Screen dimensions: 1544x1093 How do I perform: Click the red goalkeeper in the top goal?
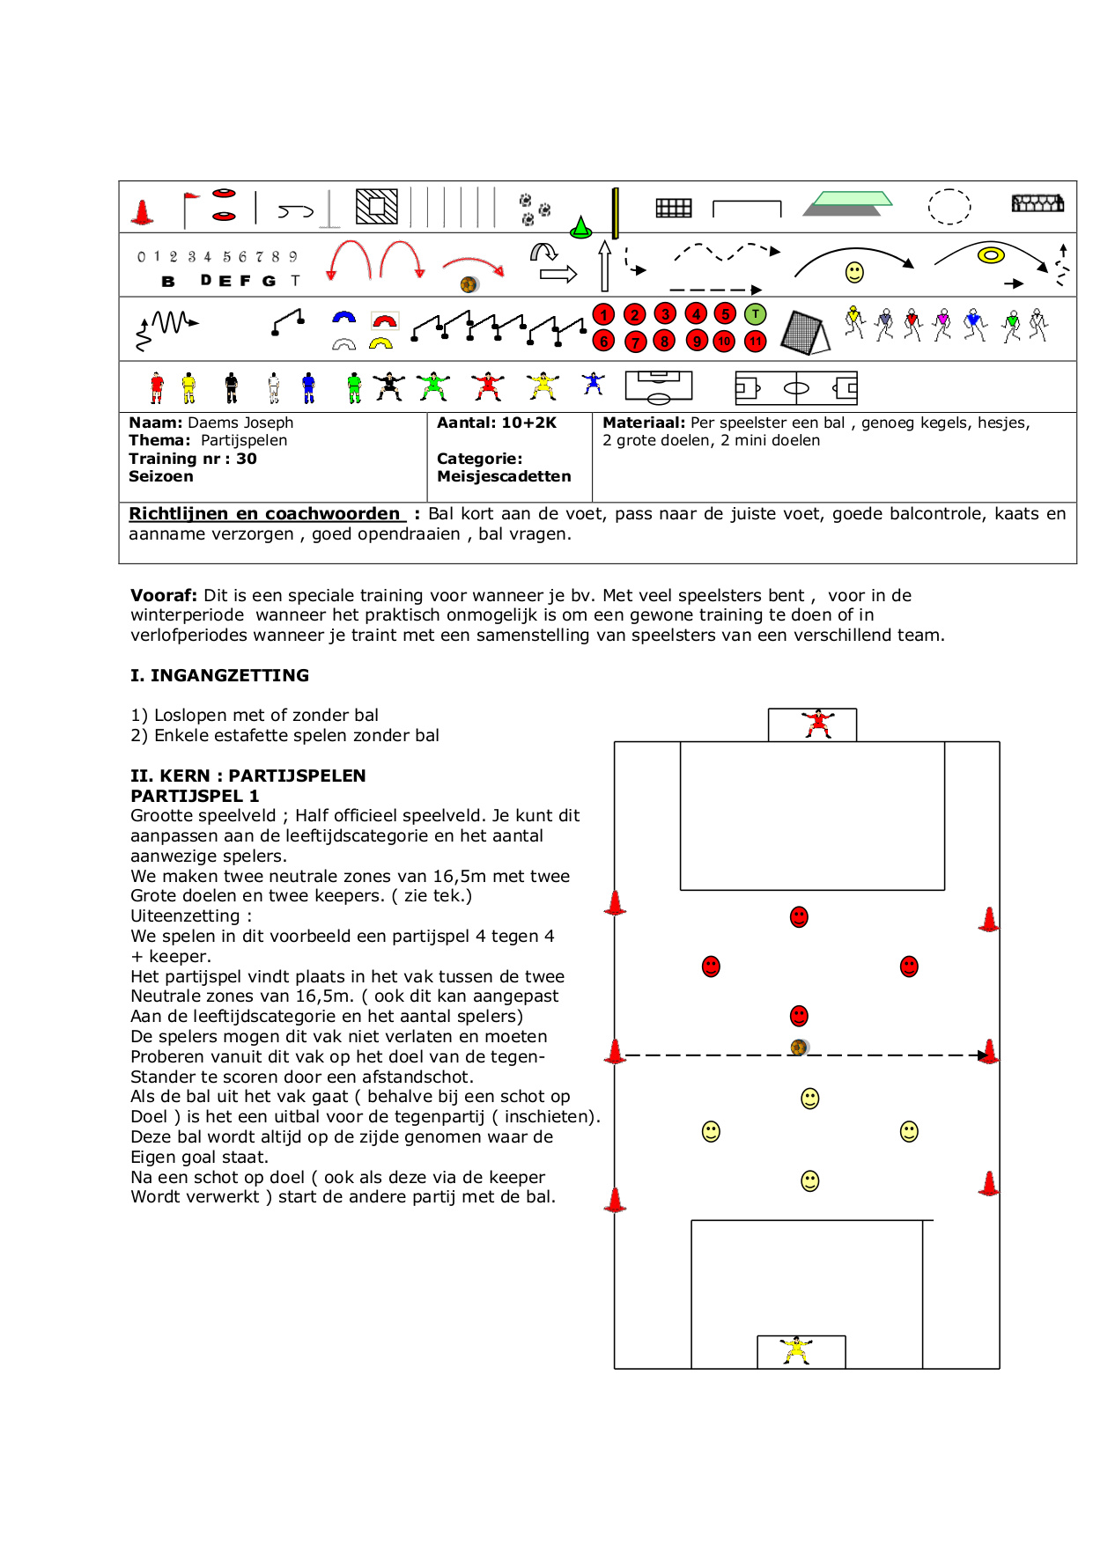(x=818, y=724)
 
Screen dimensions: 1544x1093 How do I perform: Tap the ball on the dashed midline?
(x=799, y=1047)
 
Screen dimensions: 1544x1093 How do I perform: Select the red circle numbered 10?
(x=724, y=342)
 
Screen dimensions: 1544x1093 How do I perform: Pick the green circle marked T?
(x=755, y=314)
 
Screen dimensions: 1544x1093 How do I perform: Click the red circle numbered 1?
(x=604, y=314)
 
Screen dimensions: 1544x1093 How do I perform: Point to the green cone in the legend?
(x=580, y=228)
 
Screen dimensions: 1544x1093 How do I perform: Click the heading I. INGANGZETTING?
(x=219, y=675)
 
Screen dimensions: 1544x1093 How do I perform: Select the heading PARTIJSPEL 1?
(x=195, y=796)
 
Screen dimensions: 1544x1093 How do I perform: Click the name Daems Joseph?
(x=240, y=423)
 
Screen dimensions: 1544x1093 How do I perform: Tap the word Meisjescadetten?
(x=504, y=476)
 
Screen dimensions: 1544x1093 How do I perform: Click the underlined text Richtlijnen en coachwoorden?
(x=265, y=513)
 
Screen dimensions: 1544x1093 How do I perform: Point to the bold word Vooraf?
(x=163, y=595)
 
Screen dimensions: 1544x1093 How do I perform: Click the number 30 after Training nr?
(x=247, y=459)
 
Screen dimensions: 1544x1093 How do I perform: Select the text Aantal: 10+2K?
(x=497, y=423)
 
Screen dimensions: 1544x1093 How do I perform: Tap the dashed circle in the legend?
(x=949, y=207)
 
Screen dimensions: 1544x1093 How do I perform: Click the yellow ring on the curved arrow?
(x=991, y=255)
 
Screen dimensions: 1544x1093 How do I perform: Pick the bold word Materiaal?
(x=643, y=423)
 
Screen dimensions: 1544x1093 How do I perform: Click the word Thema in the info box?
(x=159, y=440)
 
